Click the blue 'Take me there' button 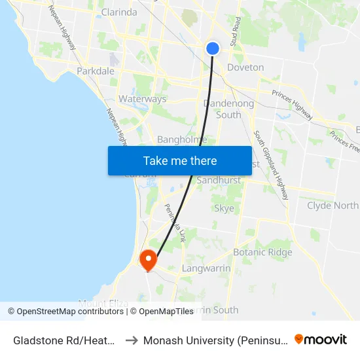click(180, 160)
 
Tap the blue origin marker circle click(213, 48)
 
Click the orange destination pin click(149, 260)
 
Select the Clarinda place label click(119, 12)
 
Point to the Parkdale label click(96, 71)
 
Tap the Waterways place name click(142, 99)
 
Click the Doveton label click(245, 67)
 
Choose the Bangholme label click(182, 139)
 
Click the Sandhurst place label click(219, 180)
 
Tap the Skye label click(224, 209)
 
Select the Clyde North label click(333, 206)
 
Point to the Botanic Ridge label click(262, 252)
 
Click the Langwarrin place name click(206, 268)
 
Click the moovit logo click(321, 339)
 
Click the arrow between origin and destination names click(132, 340)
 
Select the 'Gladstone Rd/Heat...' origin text click(65, 340)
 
